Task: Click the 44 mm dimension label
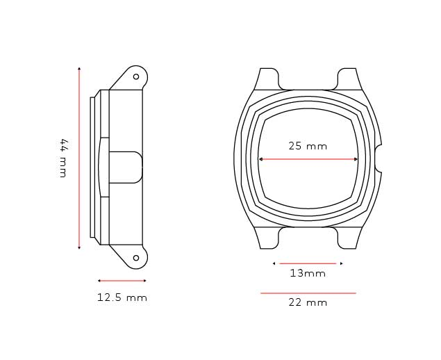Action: pos(63,158)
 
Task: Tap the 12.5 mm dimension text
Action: pos(122,297)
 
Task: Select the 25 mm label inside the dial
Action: pos(308,146)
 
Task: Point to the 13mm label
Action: pos(308,273)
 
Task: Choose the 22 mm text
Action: pos(308,302)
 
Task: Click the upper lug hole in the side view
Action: pos(136,76)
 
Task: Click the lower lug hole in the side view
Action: pos(136,258)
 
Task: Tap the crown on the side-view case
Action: pos(126,167)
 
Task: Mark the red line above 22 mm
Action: pos(308,293)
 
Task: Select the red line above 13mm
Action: pos(308,263)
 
